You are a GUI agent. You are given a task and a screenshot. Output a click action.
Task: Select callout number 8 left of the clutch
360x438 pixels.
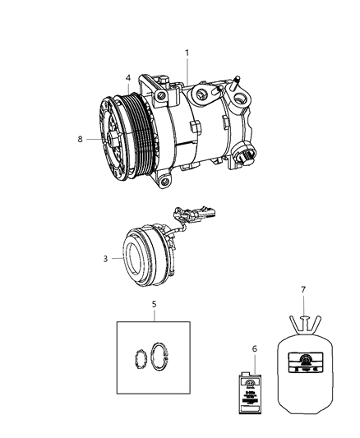[x=81, y=140]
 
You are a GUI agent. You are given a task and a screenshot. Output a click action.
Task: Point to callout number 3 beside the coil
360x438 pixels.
[x=105, y=259]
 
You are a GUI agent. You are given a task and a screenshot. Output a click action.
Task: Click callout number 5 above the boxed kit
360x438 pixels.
[x=155, y=304]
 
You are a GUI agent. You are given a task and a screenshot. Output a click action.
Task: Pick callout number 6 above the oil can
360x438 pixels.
[x=254, y=349]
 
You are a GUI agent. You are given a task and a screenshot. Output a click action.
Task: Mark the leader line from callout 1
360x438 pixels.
[x=187, y=69]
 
